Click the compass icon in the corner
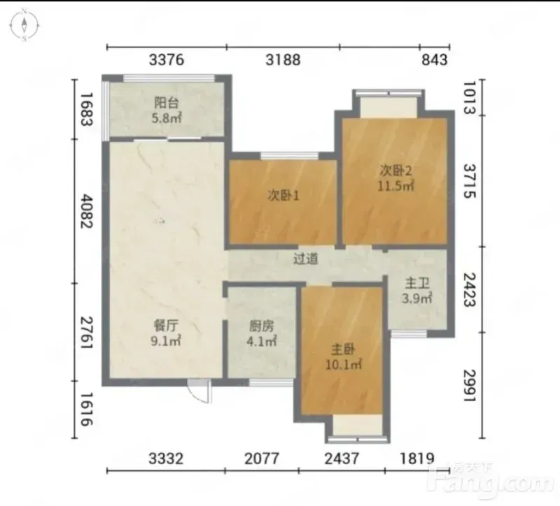(x=24, y=25)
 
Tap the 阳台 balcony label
(x=167, y=103)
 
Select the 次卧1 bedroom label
(x=283, y=196)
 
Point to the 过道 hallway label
(x=306, y=259)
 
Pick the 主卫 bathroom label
(x=416, y=284)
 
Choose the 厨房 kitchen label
(x=261, y=326)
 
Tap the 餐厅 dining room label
(x=166, y=326)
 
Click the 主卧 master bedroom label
(x=343, y=350)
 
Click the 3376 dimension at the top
(x=167, y=59)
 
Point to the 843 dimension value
(x=434, y=59)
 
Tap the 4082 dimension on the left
(x=87, y=211)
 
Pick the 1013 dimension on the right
(x=470, y=98)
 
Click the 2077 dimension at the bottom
(x=262, y=458)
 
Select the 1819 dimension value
(x=416, y=458)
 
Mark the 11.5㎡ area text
(x=396, y=186)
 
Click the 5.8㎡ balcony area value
(x=167, y=118)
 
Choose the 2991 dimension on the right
(x=470, y=386)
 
